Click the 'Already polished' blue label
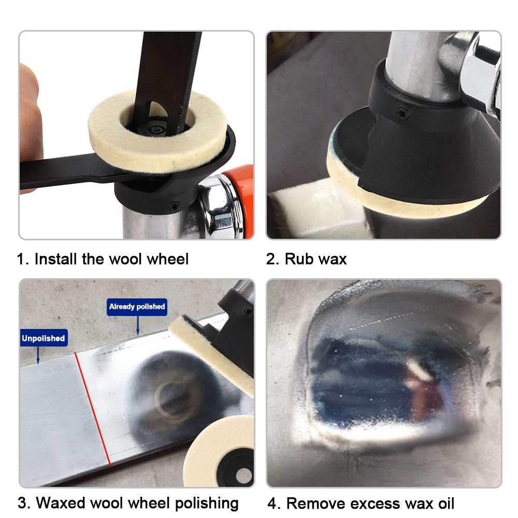click(137, 307)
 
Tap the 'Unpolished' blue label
click(44, 338)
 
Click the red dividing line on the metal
click(93, 409)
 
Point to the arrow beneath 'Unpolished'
click(38, 355)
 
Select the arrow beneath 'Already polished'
click(138, 325)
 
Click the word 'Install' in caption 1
click(55, 259)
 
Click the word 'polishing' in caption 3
click(207, 504)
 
